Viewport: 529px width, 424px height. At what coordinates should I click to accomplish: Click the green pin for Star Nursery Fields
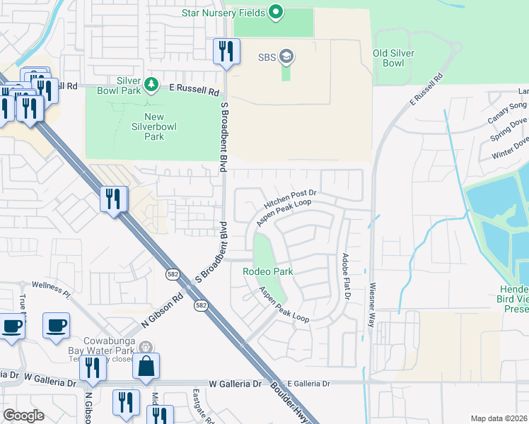point(277,12)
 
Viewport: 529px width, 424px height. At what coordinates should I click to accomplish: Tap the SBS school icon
point(286,56)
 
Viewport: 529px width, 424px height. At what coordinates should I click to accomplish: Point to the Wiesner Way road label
point(371,305)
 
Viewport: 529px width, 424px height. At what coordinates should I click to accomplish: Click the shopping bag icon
point(146,366)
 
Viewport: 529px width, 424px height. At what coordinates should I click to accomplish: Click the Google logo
point(23,416)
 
